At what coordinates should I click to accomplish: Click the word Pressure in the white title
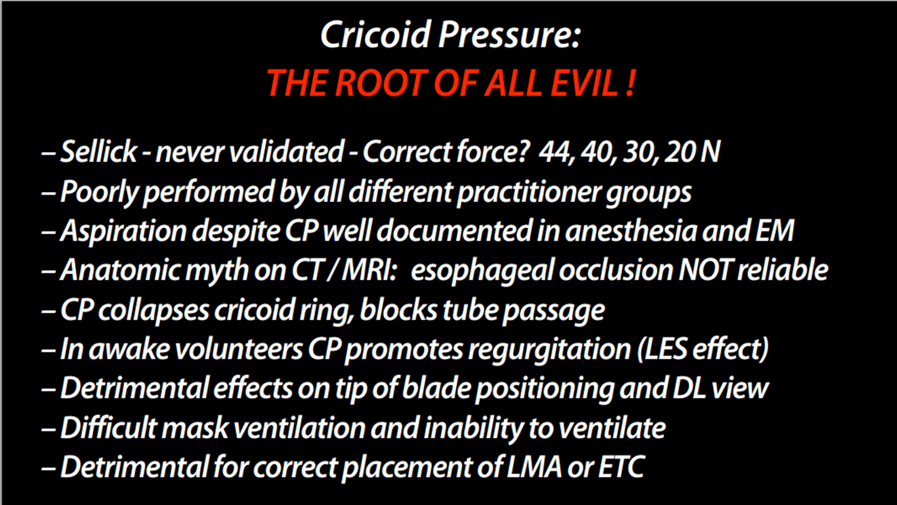[509, 35]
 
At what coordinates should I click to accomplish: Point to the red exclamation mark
[630, 83]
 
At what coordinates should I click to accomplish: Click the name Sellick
[98, 152]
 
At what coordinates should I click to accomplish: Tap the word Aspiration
[123, 232]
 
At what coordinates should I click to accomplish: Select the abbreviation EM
[774, 231]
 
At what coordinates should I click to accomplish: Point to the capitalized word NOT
[706, 270]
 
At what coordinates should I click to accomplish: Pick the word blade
[436, 388]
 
